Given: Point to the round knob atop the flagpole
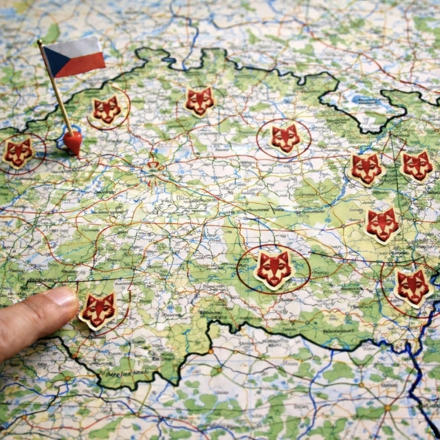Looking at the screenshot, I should [x=40, y=43].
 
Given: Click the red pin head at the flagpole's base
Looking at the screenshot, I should [x=72, y=142].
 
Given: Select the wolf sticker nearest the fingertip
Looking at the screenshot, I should [x=98, y=310].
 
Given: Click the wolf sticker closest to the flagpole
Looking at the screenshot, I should [x=107, y=110].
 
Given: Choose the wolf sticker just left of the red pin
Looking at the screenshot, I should [x=18, y=153].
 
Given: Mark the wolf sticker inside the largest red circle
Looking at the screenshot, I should [x=274, y=268].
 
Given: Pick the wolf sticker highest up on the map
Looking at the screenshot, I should [x=199, y=101].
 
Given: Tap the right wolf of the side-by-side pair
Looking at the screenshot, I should [x=417, y=166].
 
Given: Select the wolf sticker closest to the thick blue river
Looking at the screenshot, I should [x=412, y=287].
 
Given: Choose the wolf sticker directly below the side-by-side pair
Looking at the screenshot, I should [x=382, y=224].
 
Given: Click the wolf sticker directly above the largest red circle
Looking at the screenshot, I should [x=285, y=138].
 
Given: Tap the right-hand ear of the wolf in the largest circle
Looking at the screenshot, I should [x=285, y=256].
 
